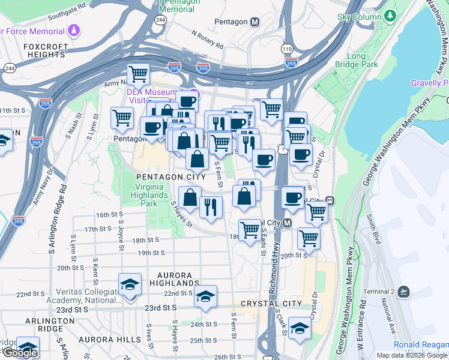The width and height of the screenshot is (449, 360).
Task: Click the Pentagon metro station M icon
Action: click(255, 22)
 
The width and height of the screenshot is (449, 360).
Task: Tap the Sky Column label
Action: click(360, 16)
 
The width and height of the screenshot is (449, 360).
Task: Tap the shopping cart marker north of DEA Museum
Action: click(138, 74)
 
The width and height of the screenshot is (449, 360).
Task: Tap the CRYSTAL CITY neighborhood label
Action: click(271, 304)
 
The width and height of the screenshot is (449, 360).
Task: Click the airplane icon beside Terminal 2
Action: click(403, 292)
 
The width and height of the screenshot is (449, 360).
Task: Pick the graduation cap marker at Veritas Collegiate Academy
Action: click(129, 284)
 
